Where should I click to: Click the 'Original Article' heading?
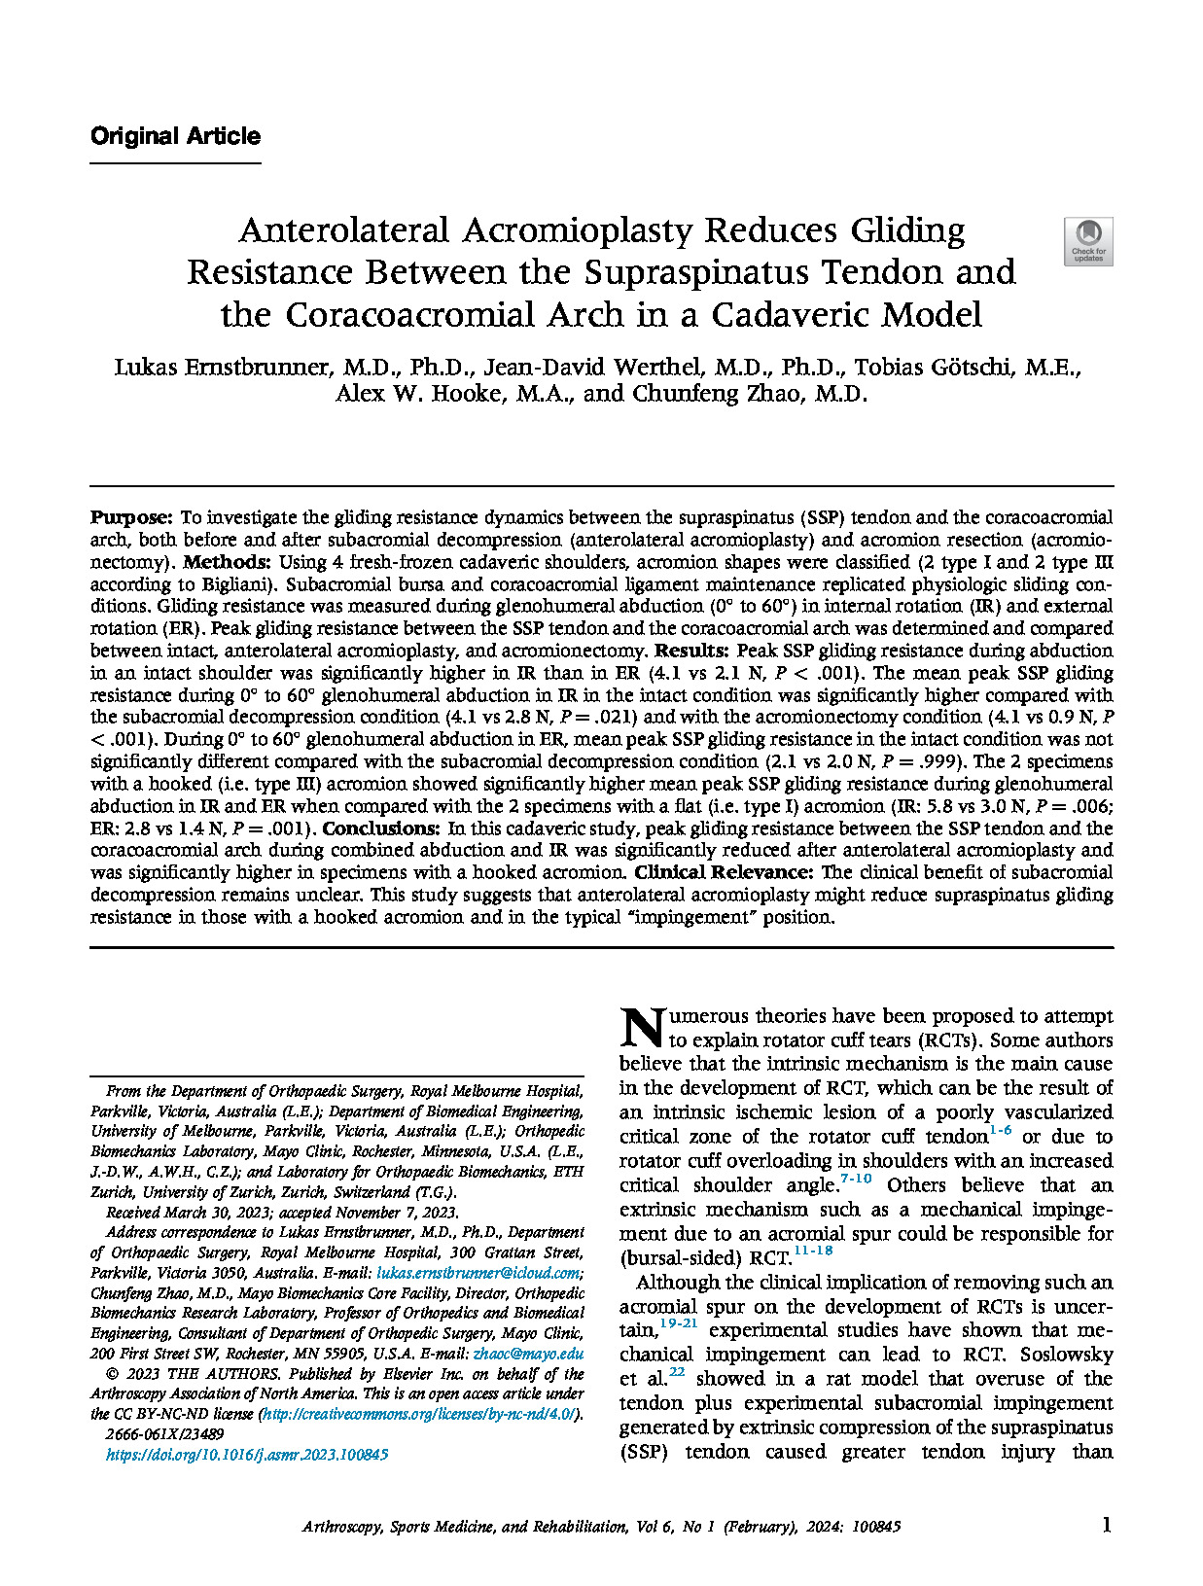click(x=175, y=136)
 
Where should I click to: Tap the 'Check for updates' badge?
click(x=1088, y=241)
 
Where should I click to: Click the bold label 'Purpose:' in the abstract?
click(x=131, y=517)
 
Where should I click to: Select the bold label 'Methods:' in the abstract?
click(x=227, y=562)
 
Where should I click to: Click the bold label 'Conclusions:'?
click(x=381, y=828)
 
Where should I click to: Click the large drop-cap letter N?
click(x=642, y=1027)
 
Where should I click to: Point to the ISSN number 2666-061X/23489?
click(x=164, y=1434)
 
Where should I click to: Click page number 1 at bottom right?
click(x=1106, y=1526)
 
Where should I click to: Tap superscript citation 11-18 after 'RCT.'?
click(x=813, y=1251)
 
